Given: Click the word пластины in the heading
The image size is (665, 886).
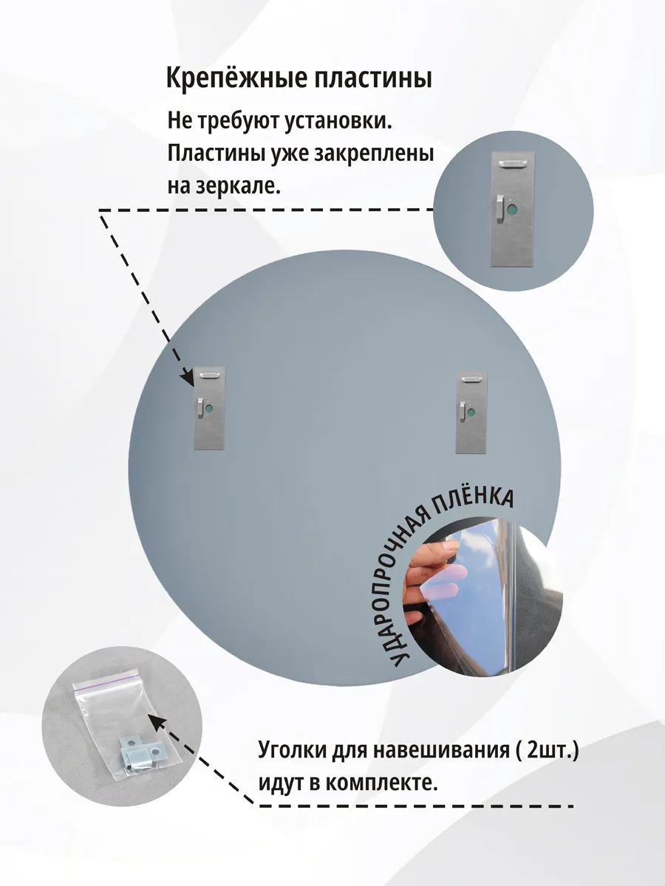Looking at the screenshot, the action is tap(368, 79).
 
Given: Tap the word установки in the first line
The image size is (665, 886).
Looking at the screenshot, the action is tap(338, 122).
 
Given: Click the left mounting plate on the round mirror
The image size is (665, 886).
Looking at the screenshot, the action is tap(209, 408).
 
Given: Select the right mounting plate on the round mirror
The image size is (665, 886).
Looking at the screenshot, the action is tap(472, 412).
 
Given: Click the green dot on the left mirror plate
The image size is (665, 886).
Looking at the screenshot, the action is tap(210, 408).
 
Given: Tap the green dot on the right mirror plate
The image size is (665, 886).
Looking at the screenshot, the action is tap(471, 413).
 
